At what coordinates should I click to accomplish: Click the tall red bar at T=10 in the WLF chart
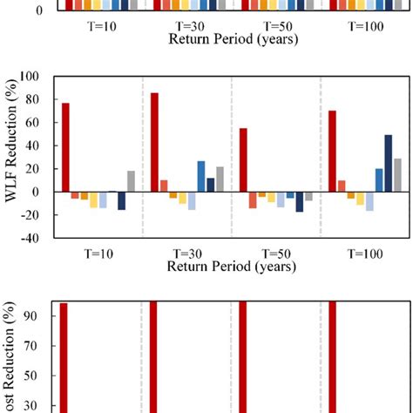click(65, 147)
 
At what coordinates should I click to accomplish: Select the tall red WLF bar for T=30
click(154, 142)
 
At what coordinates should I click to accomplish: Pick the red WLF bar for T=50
click(242, 160)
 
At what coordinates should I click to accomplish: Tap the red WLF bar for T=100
click(331, 151)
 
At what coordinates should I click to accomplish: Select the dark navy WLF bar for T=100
click(388, 163)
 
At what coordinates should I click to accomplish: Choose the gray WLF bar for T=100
click(397, 174)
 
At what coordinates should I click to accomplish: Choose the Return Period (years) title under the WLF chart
click(229, 266)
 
